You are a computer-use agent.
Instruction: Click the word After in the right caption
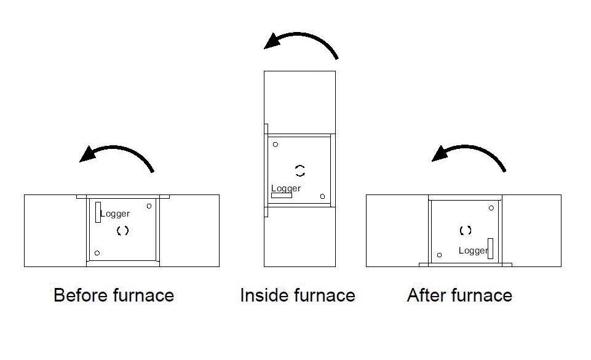(x=426, y=295)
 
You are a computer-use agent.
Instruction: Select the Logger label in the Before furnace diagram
(x=115, y=214)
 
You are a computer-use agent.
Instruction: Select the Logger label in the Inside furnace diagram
(x=286, y=188)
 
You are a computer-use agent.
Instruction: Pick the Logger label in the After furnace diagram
(x=473, y=250)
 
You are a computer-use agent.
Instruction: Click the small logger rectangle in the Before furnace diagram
(x=98, y=212)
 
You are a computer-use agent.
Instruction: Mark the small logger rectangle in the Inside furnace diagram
(x=282, y=196)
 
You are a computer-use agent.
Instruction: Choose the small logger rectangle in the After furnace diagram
(x=490, y=249)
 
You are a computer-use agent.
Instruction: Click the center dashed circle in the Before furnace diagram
(x=122, y=231)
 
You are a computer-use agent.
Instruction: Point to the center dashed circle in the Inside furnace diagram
(x=300, y=170)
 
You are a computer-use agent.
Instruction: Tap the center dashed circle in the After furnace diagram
(x=466, y=231)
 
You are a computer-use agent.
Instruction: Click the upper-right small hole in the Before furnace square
(x=149, y=206)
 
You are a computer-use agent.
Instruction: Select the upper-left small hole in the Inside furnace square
(x=276, y=145)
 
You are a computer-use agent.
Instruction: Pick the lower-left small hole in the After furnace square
(x=439, y=255)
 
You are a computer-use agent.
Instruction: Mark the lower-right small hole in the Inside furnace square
(x=322, y=196)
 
